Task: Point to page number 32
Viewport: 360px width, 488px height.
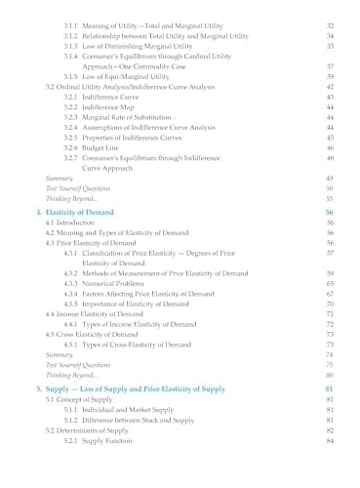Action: pyautogui.click(x=330, y=24)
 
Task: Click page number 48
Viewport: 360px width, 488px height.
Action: pyautogui.click(x=330, y=157)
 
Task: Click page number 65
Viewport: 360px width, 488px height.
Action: pyautogui.click(x=330, y=283)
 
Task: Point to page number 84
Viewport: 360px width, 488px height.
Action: pyautogui.click(x=330, y=440)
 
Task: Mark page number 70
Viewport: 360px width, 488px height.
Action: pyautogui.click(x=330, y=304)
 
